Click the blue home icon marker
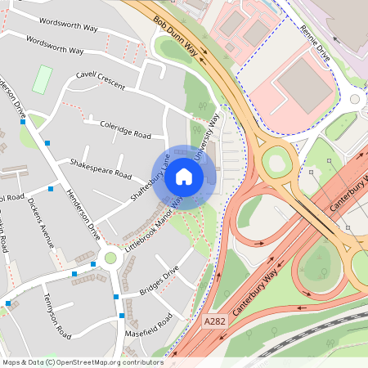click(184, 177)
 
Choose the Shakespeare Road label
click(101, 168)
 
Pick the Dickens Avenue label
click(40, 220)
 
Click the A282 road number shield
click(214, 325)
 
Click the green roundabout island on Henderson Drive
click(110, 258)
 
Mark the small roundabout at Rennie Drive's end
click(354, 99)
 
